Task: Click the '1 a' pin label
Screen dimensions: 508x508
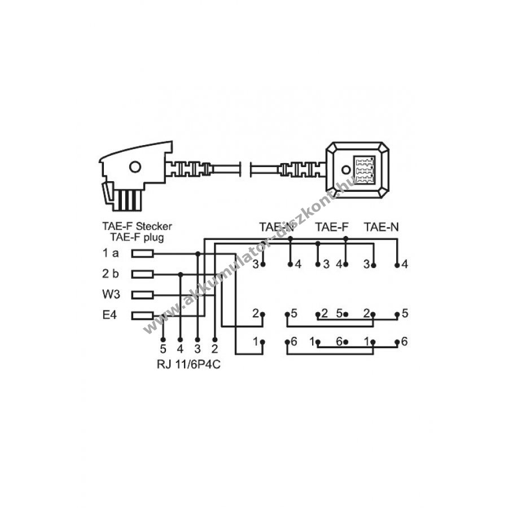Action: point(111,253)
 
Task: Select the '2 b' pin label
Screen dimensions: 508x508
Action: point(111,274)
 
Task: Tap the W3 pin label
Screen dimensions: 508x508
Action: point(111,295)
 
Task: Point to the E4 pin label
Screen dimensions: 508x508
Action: point(110,315)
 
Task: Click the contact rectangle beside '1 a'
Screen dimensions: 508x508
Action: point(142,253)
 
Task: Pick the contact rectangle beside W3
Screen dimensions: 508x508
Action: point(142,295)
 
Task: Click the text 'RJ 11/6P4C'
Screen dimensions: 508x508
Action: point(189,365)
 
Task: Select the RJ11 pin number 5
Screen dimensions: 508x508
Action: point(163,349)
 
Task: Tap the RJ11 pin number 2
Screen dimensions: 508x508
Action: point(214,349)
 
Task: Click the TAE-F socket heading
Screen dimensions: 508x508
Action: point(332,227)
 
